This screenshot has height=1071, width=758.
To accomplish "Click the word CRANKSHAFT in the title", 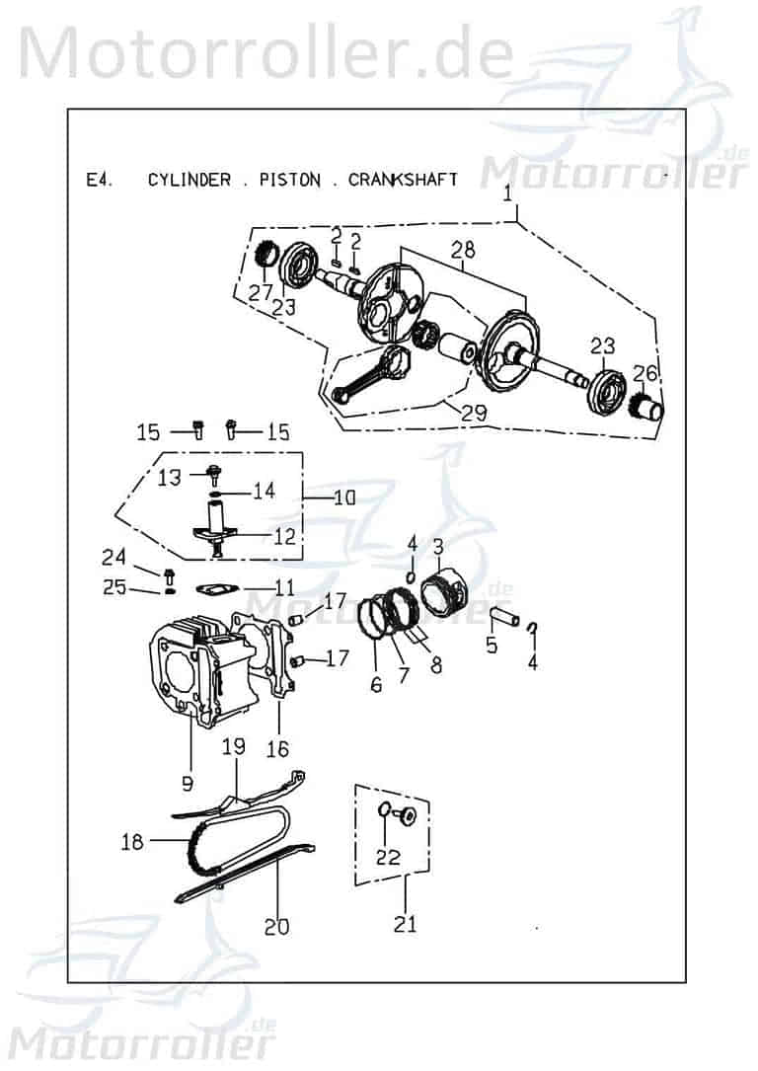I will (403, 180).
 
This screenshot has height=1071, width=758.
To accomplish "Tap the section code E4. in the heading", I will (99, 180).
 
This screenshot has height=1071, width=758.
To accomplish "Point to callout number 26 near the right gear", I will (644, 373).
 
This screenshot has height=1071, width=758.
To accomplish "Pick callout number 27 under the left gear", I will (261, 292).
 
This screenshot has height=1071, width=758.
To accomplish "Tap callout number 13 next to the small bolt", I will (170, 477).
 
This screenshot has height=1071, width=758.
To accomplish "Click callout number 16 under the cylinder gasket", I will (277, 749).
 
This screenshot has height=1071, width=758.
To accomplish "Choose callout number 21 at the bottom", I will (405, 924).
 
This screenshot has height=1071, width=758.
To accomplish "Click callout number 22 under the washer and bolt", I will (389, 857).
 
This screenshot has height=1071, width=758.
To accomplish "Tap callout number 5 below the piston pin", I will (491, 647).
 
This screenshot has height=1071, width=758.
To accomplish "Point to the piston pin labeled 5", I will (504, 618).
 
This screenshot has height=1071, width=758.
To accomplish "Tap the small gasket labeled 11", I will (210, 589).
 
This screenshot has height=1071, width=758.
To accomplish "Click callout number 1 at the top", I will (508, 194).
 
